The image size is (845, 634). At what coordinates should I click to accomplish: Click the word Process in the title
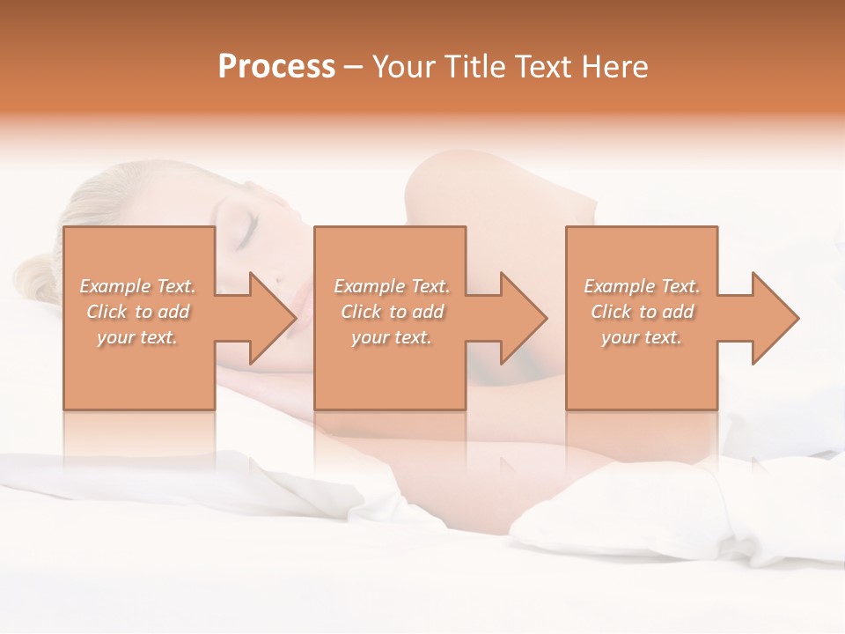pos(276,67)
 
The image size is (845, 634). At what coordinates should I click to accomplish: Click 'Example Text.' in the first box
pos(138,286)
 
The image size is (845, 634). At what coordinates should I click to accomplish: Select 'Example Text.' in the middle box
pos(392,286)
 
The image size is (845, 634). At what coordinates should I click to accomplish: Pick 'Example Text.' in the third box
pos(642,286)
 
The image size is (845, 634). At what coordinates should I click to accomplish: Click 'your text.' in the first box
pos(138,337)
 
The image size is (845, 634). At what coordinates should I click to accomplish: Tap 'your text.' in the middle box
pos(392,337)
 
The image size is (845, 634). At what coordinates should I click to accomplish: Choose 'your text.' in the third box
pos(642,337)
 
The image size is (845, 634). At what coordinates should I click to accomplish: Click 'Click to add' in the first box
pos(138,312)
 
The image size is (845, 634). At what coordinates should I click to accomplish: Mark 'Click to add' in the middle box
pos(392,312)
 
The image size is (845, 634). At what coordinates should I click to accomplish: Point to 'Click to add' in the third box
pos(642,312)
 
